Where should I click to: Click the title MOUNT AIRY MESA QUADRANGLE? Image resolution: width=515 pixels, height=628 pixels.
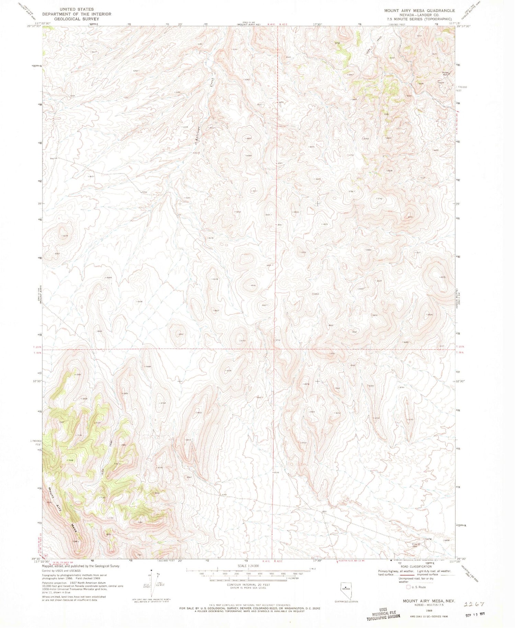419,11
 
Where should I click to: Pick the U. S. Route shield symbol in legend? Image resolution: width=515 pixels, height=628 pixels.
409,587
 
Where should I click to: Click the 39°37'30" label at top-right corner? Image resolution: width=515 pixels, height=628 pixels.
464,26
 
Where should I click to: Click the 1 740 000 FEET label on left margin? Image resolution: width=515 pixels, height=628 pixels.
36,442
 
